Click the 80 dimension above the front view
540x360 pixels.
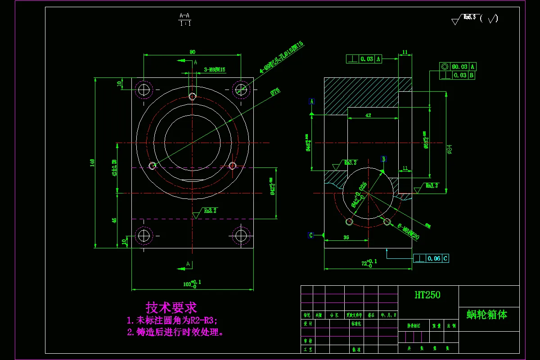pos(193,52)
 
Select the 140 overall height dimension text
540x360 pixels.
pos(92,162)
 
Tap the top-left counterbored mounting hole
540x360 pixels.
pos(144,89)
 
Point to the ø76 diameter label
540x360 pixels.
pos(274,91)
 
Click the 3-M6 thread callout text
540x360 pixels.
pos(215,70)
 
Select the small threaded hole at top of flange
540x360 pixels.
pos(193,96)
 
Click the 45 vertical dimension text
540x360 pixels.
pos(114,220)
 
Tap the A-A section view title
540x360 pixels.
pos(184,16)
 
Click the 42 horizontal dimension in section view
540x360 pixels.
pos(368,116)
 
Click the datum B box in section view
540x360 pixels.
pos(384,159)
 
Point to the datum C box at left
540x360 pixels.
pos(310,235)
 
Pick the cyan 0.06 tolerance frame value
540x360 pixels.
pos(434,258)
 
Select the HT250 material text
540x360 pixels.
pos(427,295)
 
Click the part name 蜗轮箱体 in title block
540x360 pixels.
pos(486,315)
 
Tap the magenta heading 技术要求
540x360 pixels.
pos(171,308)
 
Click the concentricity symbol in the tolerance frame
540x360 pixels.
pos(445,67)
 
